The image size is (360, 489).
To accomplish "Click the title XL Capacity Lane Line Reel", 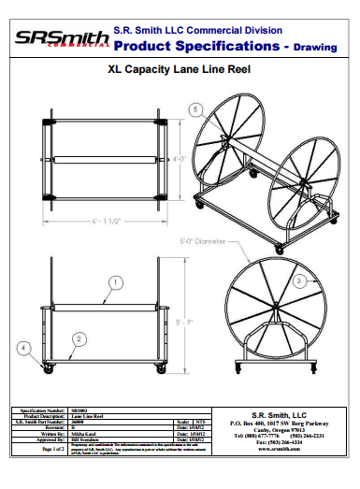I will (180, 68).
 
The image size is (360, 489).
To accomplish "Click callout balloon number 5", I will (194, 110).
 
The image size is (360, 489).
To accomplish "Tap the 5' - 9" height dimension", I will (182, 323).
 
